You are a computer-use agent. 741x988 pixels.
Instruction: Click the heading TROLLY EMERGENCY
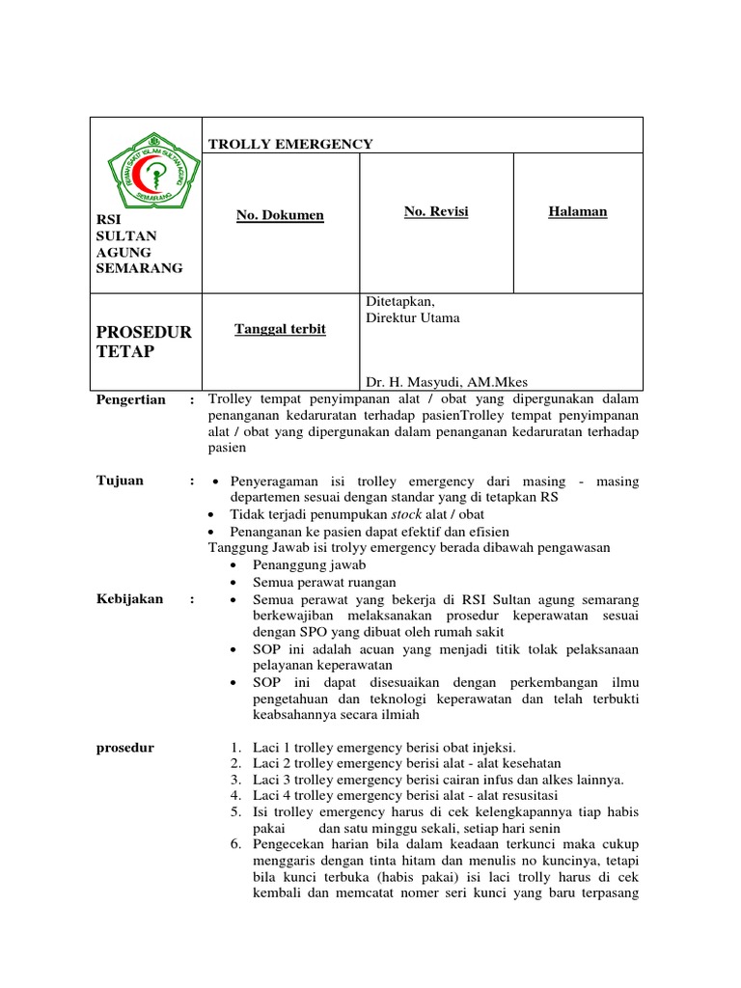coord(290,144)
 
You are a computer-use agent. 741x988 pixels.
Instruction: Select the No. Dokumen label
coord(280,215)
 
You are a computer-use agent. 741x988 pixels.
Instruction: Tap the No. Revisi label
coord(436,210)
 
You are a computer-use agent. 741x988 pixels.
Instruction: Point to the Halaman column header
coord(577,211)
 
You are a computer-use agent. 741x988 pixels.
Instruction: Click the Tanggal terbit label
coord(280,329)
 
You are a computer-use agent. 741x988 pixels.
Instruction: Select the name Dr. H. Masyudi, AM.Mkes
coord(446,381)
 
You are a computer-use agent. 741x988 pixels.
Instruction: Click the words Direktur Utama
coord(413,317)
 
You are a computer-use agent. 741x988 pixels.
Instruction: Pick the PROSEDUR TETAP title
coord(144,342)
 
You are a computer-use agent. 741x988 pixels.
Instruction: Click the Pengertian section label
coord(130,399)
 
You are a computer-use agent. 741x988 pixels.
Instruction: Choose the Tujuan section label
coord(120,480)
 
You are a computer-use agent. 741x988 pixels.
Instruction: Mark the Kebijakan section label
coord(130,599)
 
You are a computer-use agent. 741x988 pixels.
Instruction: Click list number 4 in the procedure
coord(235,796)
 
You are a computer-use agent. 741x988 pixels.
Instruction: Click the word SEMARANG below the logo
coord(139,268)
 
